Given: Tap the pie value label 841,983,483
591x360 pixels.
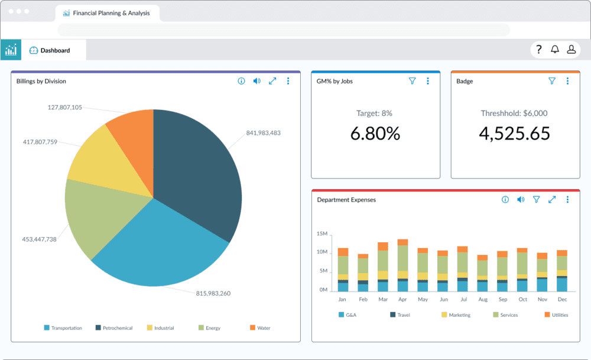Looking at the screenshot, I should click(x=263, y=133).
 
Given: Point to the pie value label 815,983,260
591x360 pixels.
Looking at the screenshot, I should click(x=213, y=293).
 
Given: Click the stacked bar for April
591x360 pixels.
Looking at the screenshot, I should click(x=402, y=266).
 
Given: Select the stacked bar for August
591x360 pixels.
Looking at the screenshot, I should click(x=483, y=273).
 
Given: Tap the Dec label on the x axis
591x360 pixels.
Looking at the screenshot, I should click(x=561, y=300).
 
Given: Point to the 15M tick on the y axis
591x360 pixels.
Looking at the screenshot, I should click(x=322, y=234).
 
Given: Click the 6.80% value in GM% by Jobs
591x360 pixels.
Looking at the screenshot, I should click(x=375, y=134).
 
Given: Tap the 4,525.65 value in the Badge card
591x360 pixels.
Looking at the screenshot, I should click(x=514, y=134).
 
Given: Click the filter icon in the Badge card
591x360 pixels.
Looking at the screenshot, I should click(x=552, y=81).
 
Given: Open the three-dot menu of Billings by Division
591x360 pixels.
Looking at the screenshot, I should click(x=288, y=81).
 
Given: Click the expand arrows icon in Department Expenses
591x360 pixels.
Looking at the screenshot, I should click(x=552, y=200).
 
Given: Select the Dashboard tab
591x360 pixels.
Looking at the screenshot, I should click(x=54, y=50).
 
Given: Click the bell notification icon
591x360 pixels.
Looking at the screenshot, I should click(x=555, y=50).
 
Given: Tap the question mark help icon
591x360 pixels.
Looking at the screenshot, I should click(x=539, y=50).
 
